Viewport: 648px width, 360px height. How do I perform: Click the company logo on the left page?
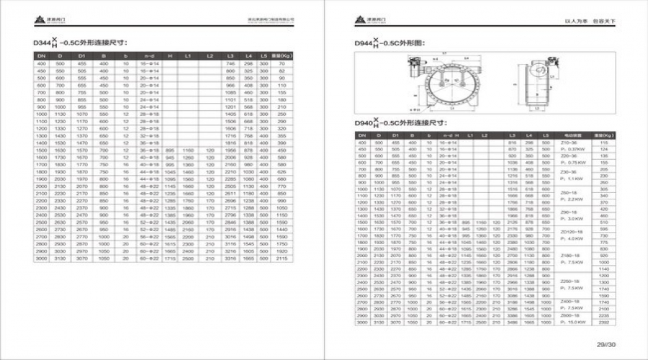(44, 20)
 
